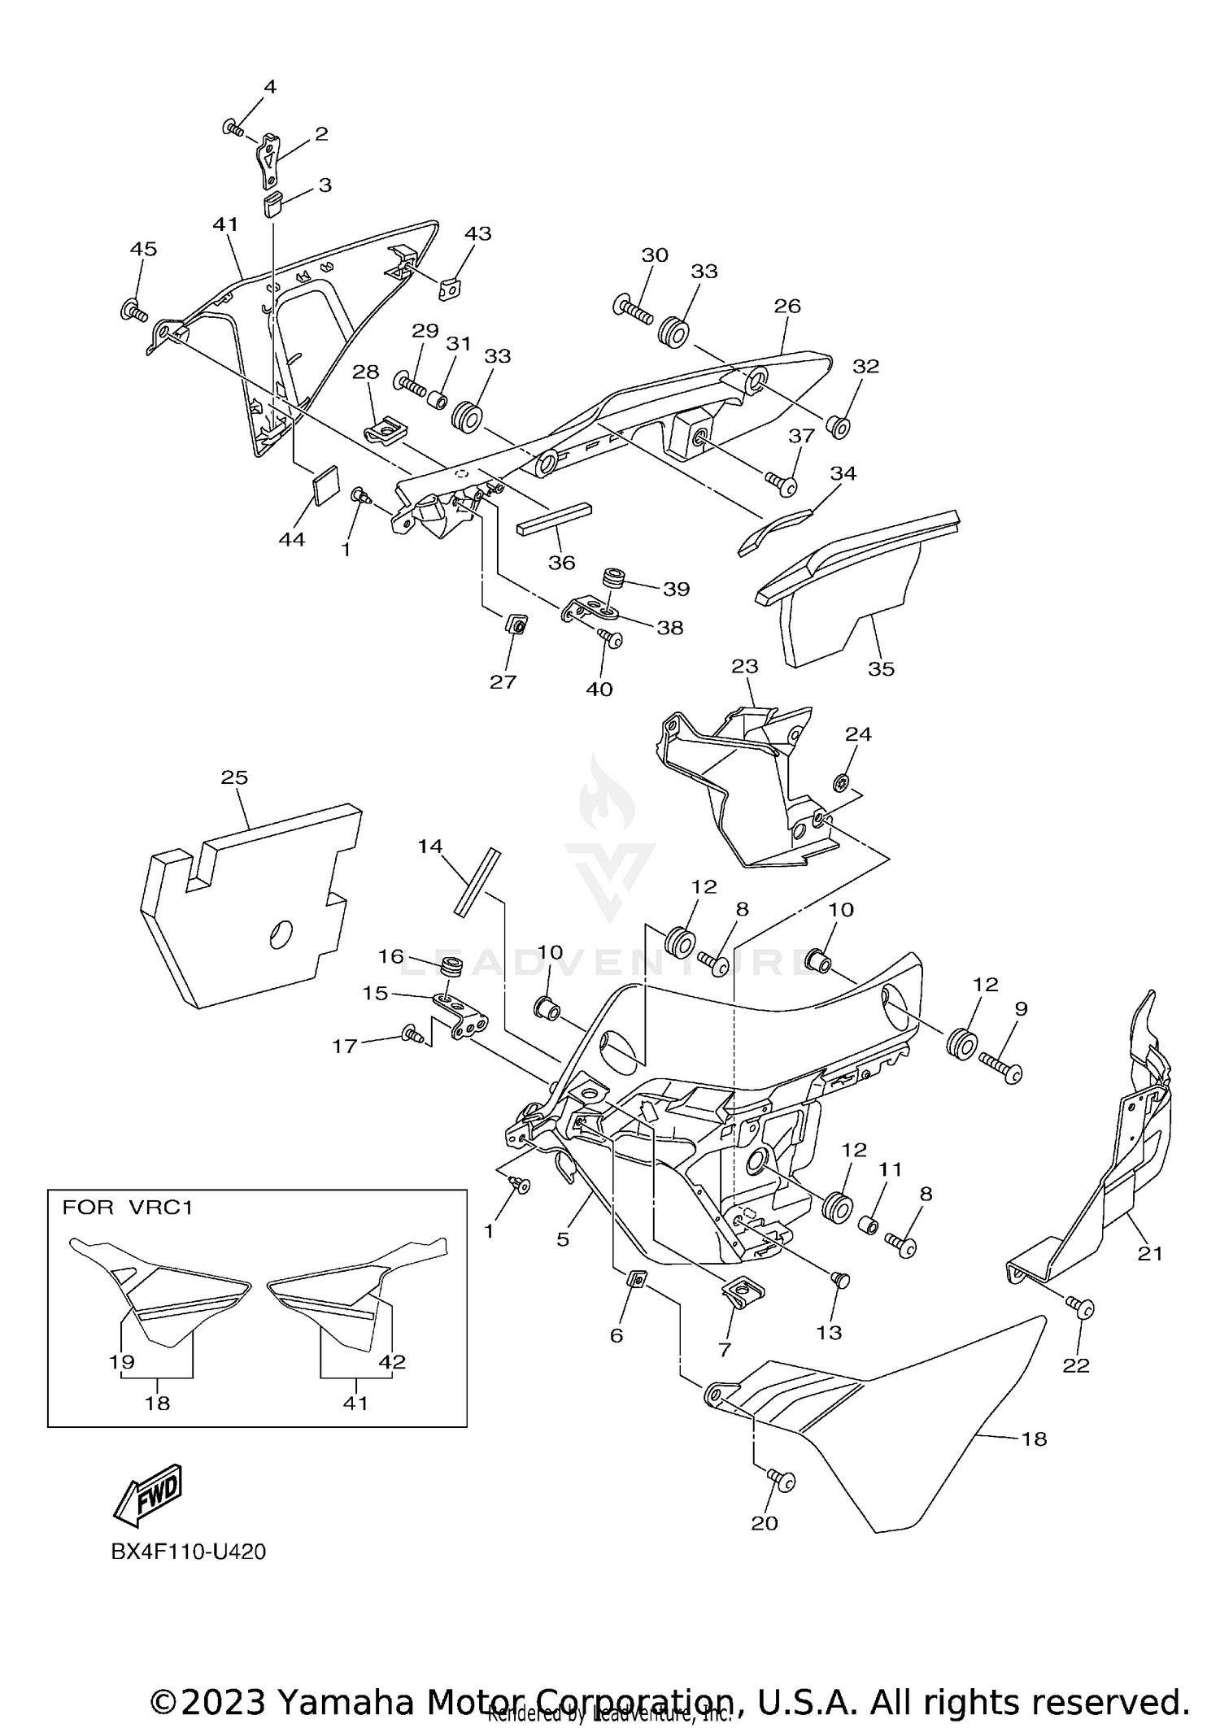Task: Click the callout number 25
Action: point(234,777)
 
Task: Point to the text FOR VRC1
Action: point(128,1208)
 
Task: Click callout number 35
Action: point(881,668)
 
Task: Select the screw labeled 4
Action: point(233,128)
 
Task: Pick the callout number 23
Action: point(744,666)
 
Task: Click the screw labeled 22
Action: point(1083,1308)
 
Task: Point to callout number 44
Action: point(291,538)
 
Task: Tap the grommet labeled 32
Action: point(839,425)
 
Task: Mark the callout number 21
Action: point(1150,1253)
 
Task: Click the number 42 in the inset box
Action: point(392,1361)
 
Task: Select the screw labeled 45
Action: point(134,310)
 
